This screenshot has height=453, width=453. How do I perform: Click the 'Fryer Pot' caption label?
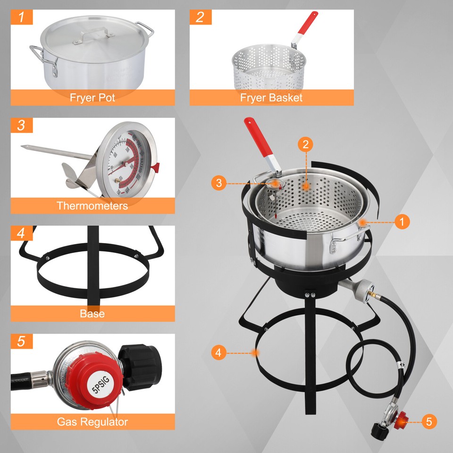click(92, 98)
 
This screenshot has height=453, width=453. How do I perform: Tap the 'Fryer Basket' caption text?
click(271, 98)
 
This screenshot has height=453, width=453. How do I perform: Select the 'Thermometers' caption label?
click(92, 206)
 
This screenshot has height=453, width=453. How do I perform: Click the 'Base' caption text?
click(92, 314)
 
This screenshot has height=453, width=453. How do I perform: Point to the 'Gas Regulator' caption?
click(92, 421)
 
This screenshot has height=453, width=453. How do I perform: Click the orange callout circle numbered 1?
click(402, 221)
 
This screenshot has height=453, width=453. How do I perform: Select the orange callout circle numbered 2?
click(306, 145)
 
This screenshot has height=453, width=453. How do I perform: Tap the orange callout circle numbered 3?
click(218, 182)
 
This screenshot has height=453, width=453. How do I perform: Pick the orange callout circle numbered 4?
click(218, 352)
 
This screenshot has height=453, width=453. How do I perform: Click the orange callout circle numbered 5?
click(428, 421)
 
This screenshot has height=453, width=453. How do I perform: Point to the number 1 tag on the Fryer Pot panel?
click(21, 17)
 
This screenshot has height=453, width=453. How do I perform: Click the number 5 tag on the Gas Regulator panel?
click(21, 342)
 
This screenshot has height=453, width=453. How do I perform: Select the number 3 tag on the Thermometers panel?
click(21, 126)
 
